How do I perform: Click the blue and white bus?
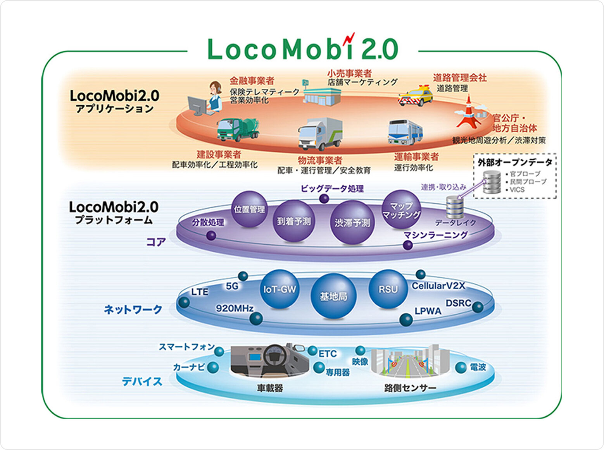[405, 132]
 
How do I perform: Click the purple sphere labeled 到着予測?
[293, 221]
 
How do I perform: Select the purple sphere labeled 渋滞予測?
[352, 222]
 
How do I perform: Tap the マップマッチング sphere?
[401, 210]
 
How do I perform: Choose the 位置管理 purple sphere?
[249, 209]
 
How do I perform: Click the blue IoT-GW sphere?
[280, 289]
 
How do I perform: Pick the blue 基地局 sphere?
[333, 296]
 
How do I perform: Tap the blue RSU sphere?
[388, 289]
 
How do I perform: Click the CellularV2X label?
[438, 286]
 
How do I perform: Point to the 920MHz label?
[235, 308]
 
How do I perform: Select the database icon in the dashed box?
[492, 182]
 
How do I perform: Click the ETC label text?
[328, 354]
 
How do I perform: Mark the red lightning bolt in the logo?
[350, 38]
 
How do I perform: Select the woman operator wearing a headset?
[214, 97]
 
